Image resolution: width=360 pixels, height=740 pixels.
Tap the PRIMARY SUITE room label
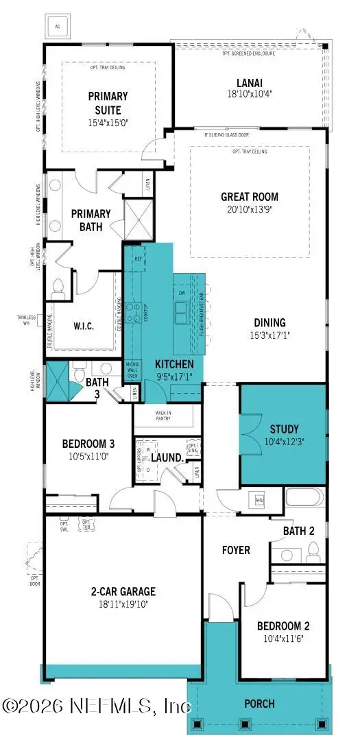coord(104,103)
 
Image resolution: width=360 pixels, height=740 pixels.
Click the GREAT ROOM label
coord(249,197)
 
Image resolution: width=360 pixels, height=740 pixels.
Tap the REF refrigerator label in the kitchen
coord(138,259)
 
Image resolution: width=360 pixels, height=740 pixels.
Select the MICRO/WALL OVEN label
coord(134,368)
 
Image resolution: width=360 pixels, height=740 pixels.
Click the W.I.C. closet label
coord(83,326)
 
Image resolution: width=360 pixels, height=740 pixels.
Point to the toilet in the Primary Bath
coord(58,289)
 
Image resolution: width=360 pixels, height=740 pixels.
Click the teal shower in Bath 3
coord(58,381)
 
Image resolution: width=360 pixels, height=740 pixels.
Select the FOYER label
coord(235,550)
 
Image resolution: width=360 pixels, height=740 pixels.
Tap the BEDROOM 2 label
coord(283,625)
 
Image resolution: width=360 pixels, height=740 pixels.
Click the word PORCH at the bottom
coord(260,703)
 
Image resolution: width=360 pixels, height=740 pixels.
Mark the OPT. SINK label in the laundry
coord(193,449)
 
